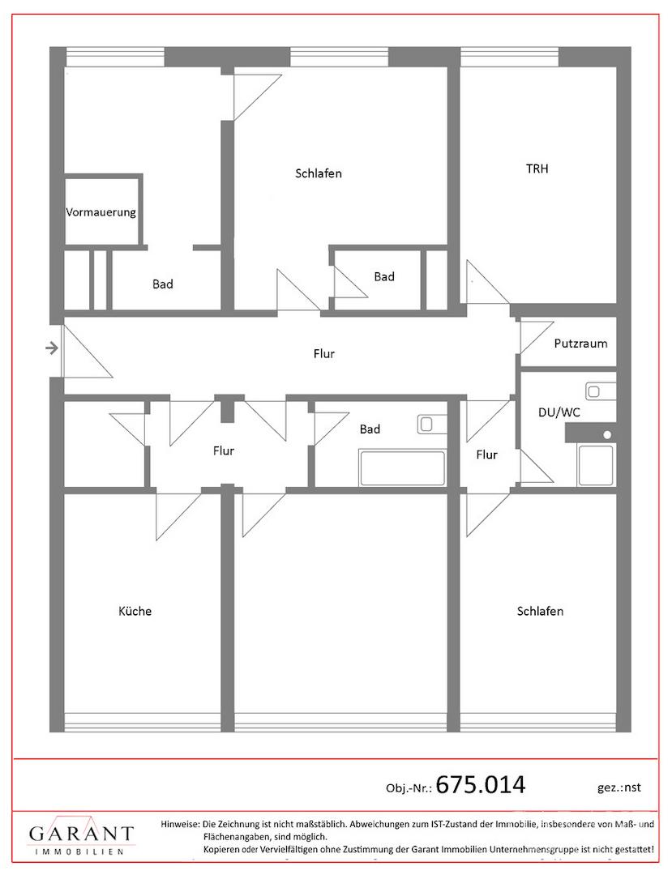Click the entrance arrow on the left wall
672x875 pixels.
52,348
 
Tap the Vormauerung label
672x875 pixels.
101,212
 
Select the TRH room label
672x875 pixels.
537,169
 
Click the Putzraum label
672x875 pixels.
580,344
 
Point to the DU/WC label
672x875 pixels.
559,412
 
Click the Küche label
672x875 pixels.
135,611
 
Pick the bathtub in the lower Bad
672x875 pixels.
402,467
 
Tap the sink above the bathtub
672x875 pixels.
431,425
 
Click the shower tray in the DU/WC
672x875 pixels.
596,464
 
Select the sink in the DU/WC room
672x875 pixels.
600,391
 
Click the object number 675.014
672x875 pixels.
481,784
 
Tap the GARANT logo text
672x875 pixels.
81,834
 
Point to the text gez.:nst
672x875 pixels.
619,787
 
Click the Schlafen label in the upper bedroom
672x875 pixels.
318,173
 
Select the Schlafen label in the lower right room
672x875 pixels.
540,611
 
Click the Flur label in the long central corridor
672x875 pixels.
323,354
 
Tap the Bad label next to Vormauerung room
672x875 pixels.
162,284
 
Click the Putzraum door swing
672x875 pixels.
537,336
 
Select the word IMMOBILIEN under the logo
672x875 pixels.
79,852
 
